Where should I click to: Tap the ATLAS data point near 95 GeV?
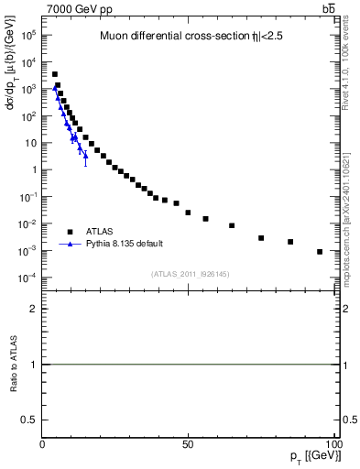tap(320, 251)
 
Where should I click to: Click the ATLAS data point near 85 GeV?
tap(290, 242)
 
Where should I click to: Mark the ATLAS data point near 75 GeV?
tap(261, 238)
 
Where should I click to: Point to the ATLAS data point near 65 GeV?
tap(232, 225)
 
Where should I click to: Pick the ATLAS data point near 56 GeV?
tap(205, 219)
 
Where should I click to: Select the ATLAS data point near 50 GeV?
tap(188, 213)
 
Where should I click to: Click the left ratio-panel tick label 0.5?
tap(33, 419)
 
